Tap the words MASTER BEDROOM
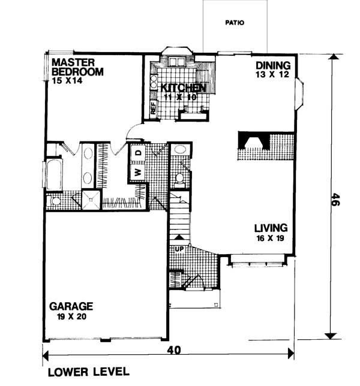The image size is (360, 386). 77,67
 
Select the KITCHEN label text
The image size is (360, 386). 184,88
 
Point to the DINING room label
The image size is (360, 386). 273,65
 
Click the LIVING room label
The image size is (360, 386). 271,228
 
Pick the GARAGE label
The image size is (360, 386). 71,306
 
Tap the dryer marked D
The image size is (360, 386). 138,153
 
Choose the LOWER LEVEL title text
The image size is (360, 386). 88,372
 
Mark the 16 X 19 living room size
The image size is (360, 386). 271,238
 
